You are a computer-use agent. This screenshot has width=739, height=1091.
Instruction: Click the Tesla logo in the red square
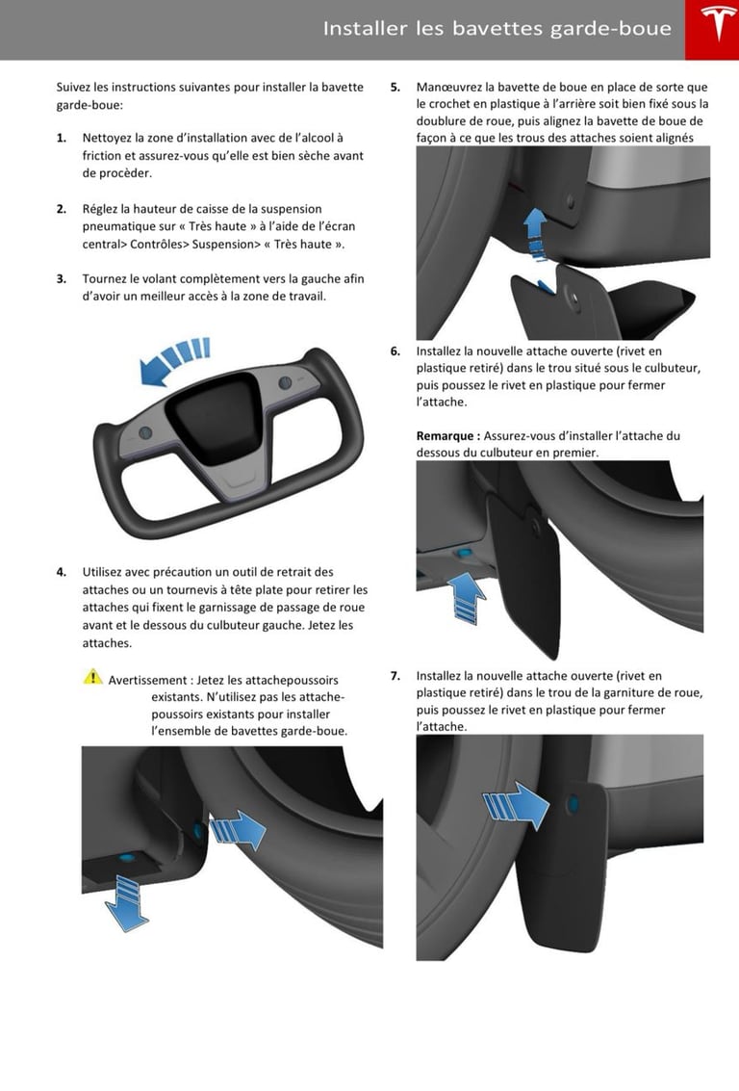[x=711, y=29]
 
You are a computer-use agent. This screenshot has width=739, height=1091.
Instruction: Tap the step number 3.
[x=61, y=279]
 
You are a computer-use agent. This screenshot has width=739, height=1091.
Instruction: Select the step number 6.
[x=395, y=351]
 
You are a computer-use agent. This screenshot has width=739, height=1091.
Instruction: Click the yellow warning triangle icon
[x=92, y=677]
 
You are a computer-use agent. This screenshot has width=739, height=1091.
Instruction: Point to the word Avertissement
[x=147, y=680]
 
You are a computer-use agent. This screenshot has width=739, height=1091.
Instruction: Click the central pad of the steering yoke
[x=214, y=417]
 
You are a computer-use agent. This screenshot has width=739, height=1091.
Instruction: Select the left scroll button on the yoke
[x=144, y=431]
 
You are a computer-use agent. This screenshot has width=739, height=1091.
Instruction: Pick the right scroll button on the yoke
[x=286, y=383]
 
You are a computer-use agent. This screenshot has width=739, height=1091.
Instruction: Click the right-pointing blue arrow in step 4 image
[x=237, y=826]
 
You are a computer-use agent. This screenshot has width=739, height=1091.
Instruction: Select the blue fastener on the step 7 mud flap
[x=574, y=802]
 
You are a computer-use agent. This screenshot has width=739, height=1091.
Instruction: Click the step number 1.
[x=61, y=139]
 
